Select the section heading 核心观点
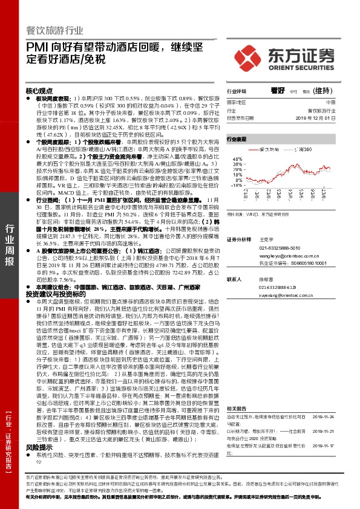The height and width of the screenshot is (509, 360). (x=40, y=90)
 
